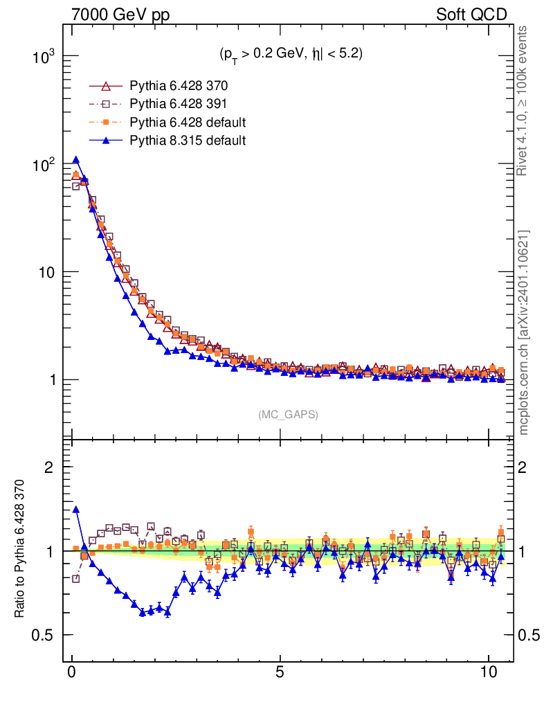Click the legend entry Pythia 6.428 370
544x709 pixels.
click(x=179, y=87)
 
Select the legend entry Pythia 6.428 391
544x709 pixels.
click(x=179, y=105)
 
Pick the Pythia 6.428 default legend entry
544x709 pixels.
click(x=188, y=123)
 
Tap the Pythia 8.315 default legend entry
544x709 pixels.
click(x=188, y=141)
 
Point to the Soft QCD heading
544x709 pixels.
click(x=471, y=15)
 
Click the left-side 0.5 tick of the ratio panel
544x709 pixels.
click(x=45, y=635)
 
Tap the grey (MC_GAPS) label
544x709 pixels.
click(x=289, y=415)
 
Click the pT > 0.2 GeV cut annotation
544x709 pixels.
click(x=291, y=54)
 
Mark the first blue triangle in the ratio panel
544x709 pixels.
click(x=76, y=510)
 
